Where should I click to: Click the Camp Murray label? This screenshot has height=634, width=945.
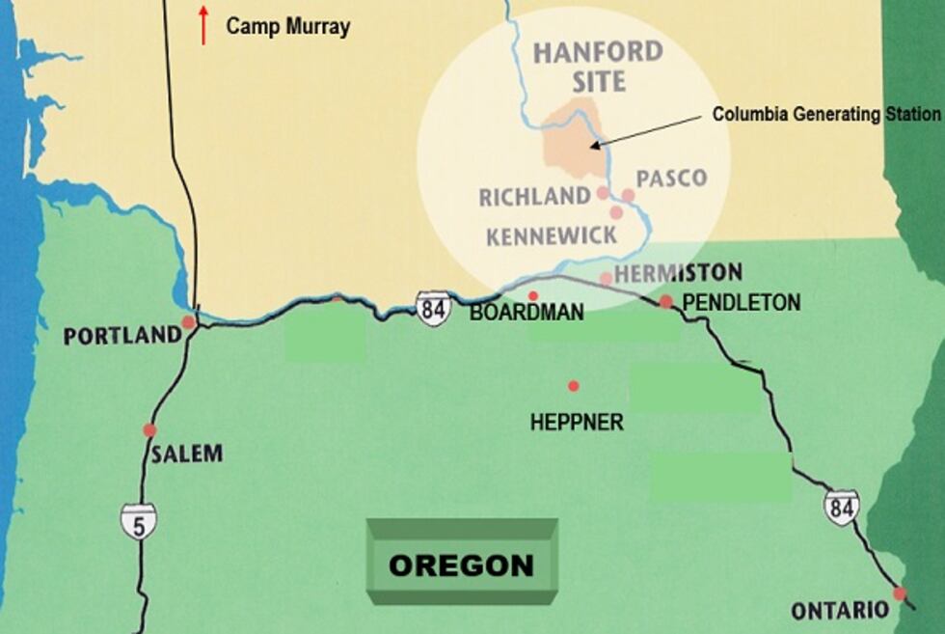click(x=287, y=26)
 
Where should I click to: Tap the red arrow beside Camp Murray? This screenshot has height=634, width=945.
click(x=203, y=25)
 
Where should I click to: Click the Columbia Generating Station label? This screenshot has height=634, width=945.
click(x=825, y=114)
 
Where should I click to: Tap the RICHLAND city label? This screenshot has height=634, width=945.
click(x=535, y=197)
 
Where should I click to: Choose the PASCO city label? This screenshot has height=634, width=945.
click(x=671, y=179)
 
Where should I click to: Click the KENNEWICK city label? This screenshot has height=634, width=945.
click(x=551, y=235)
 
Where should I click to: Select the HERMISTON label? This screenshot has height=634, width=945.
click(x=678, y=272)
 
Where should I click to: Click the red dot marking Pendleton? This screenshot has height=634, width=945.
click(x=665, y=301)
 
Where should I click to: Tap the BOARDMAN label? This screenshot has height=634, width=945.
click(x=526, y=313)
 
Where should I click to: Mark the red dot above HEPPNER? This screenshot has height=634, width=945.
click(x=574, y=386)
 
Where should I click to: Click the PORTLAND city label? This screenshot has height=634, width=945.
click(x=121, y=336)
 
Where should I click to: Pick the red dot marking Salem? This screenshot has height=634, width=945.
click(x=149, y=430)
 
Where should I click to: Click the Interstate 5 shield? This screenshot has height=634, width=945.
click(x=138, y=521)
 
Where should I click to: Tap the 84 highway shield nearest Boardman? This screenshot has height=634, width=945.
click(x=433, y=309)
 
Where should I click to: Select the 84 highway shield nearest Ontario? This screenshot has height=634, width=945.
click(x=841, y=508)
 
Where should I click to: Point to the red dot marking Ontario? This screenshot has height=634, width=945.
click(x=900, y=593)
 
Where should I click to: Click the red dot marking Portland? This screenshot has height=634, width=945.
click(x=188, y=322)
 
